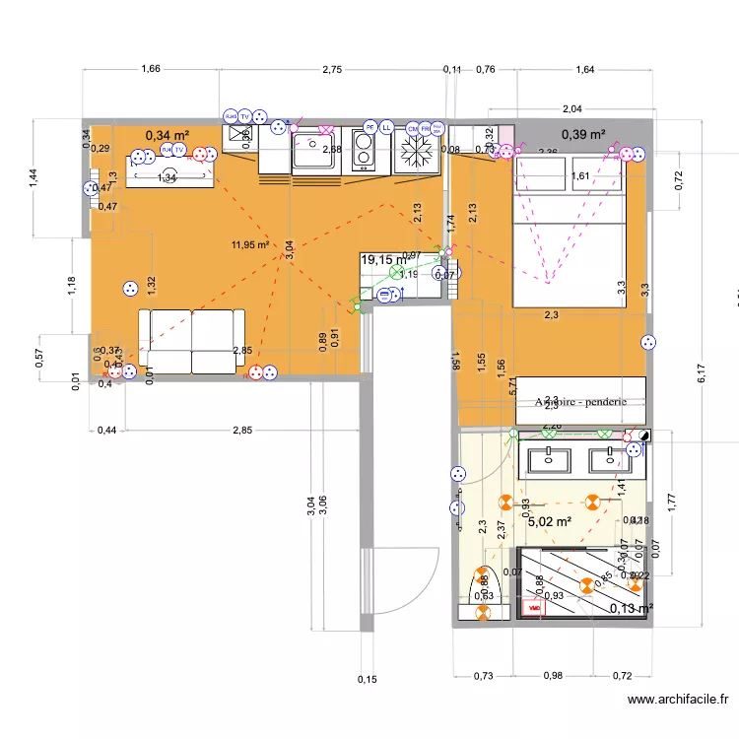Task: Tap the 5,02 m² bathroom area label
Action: [x=550, y=521]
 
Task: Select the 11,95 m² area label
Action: [x=250, y=244]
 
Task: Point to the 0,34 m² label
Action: [x=167, y=134]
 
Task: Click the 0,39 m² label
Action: [x=583, y=134]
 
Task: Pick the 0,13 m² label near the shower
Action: [x=631, y=608]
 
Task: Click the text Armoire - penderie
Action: [x=580, y=402]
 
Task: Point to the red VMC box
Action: [x=534, y=609]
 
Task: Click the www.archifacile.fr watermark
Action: [x=680, y=701]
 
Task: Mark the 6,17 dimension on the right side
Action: [x=703, y=372]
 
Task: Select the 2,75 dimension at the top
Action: [x=332, y=69]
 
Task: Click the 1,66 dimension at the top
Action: [x=151, y=69]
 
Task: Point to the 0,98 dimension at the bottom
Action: [x=554, y=675]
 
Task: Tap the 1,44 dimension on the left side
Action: [x=33, y=177]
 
